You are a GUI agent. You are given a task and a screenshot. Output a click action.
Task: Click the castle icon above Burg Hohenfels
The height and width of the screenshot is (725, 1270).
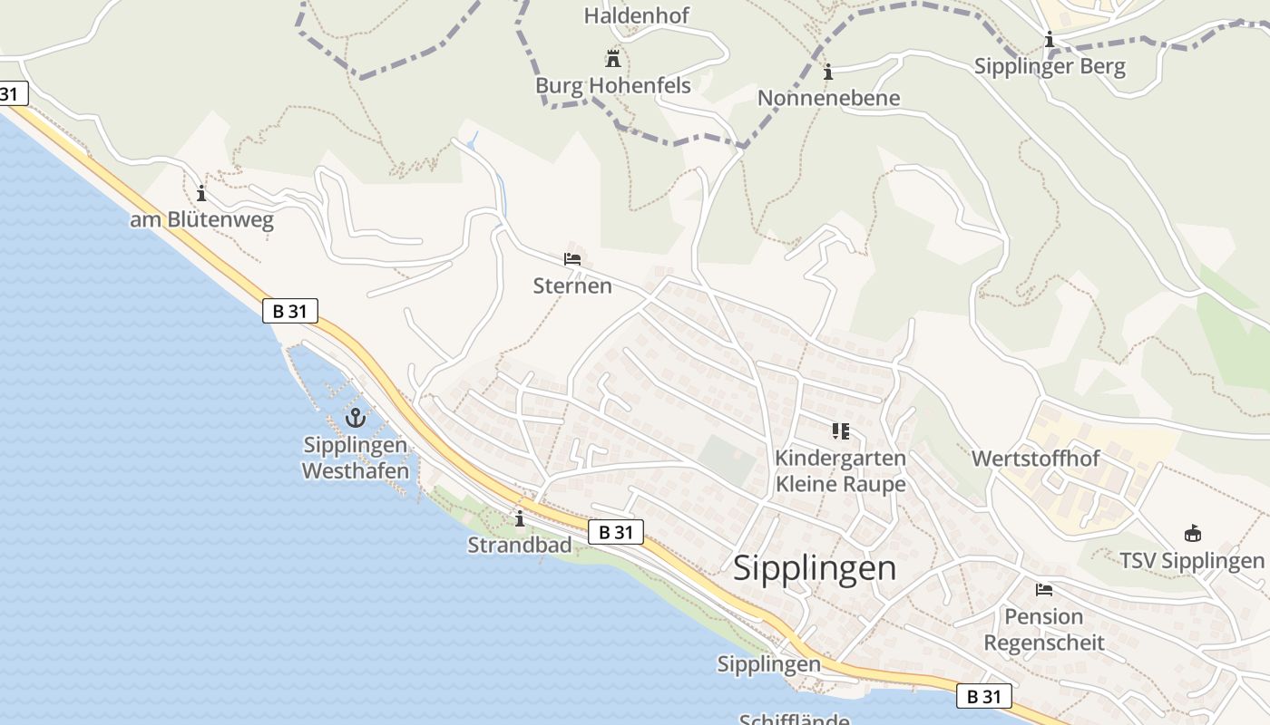point(613,59)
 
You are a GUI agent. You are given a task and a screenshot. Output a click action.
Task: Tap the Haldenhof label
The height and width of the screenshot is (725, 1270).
point(637,15)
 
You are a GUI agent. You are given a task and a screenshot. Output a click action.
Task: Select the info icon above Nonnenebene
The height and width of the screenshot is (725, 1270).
point(827,72)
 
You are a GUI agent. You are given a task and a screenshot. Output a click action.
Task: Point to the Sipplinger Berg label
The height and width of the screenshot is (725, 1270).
point(1050,66)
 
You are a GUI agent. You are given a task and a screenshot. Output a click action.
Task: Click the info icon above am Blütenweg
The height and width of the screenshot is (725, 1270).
point(201,193)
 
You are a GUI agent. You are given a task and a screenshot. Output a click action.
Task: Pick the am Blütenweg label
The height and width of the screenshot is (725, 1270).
point(201,220)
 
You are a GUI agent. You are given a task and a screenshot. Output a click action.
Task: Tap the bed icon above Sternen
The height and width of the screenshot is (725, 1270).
point(572,259)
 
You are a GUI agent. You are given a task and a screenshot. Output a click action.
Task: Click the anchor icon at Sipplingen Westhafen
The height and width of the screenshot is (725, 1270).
point(355,418)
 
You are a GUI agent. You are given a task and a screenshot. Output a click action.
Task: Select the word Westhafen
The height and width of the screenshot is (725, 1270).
point(356,470)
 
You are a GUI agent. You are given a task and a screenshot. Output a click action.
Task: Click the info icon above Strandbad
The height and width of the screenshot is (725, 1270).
point(520,518)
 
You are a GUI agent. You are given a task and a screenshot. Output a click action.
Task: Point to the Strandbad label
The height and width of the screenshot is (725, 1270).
point(520,545)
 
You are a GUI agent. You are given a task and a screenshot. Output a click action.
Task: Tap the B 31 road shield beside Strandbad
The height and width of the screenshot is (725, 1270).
point(616,532)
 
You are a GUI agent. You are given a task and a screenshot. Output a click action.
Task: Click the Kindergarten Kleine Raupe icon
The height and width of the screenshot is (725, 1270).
point(840,431)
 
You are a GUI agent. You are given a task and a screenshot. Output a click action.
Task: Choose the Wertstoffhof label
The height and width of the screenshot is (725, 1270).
point(1035,459)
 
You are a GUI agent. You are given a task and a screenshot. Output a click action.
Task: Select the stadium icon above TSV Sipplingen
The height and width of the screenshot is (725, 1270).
point(1193,534)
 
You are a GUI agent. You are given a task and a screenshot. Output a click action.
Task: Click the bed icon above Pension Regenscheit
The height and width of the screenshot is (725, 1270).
point(1044,590)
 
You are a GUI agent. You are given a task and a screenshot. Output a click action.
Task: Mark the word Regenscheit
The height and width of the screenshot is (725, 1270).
point(1044,643)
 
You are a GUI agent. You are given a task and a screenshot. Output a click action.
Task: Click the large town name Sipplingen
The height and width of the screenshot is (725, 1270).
point(815,568)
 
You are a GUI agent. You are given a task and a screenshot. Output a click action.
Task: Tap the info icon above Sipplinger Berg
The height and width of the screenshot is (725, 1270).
point(1050,40)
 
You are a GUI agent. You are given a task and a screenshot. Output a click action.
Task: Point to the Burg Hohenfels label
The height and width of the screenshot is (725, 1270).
point(613,86)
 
